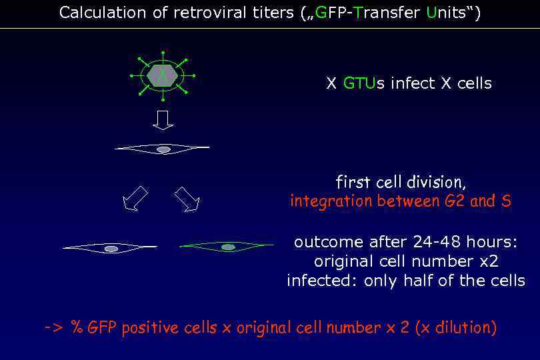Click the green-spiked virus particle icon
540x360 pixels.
pos(163,75)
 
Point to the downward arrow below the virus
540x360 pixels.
pos(163,120)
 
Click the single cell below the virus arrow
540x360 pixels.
pos(163,149)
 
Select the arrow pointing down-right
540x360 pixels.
pos(187,199)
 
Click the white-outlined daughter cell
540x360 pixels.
pos(111,248)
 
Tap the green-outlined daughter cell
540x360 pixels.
pos(227,247)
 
